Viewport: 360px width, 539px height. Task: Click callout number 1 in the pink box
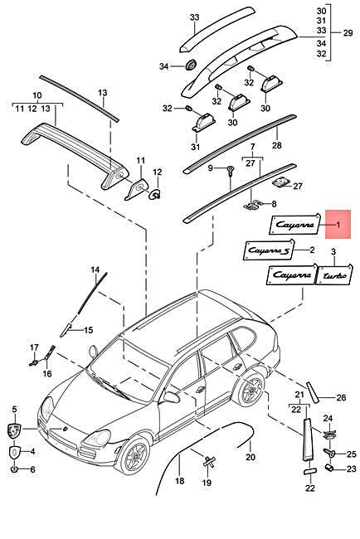pos(338,224)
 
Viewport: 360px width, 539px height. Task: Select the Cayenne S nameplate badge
pos(269,249)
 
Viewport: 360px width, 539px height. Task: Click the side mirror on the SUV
pos(172,396)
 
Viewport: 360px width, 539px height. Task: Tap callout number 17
pos(34,347)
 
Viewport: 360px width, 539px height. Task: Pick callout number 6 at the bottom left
pos(33,470)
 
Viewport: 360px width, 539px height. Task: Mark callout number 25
pos(350,454)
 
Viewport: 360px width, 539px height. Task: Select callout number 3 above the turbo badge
pos(333,251)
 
